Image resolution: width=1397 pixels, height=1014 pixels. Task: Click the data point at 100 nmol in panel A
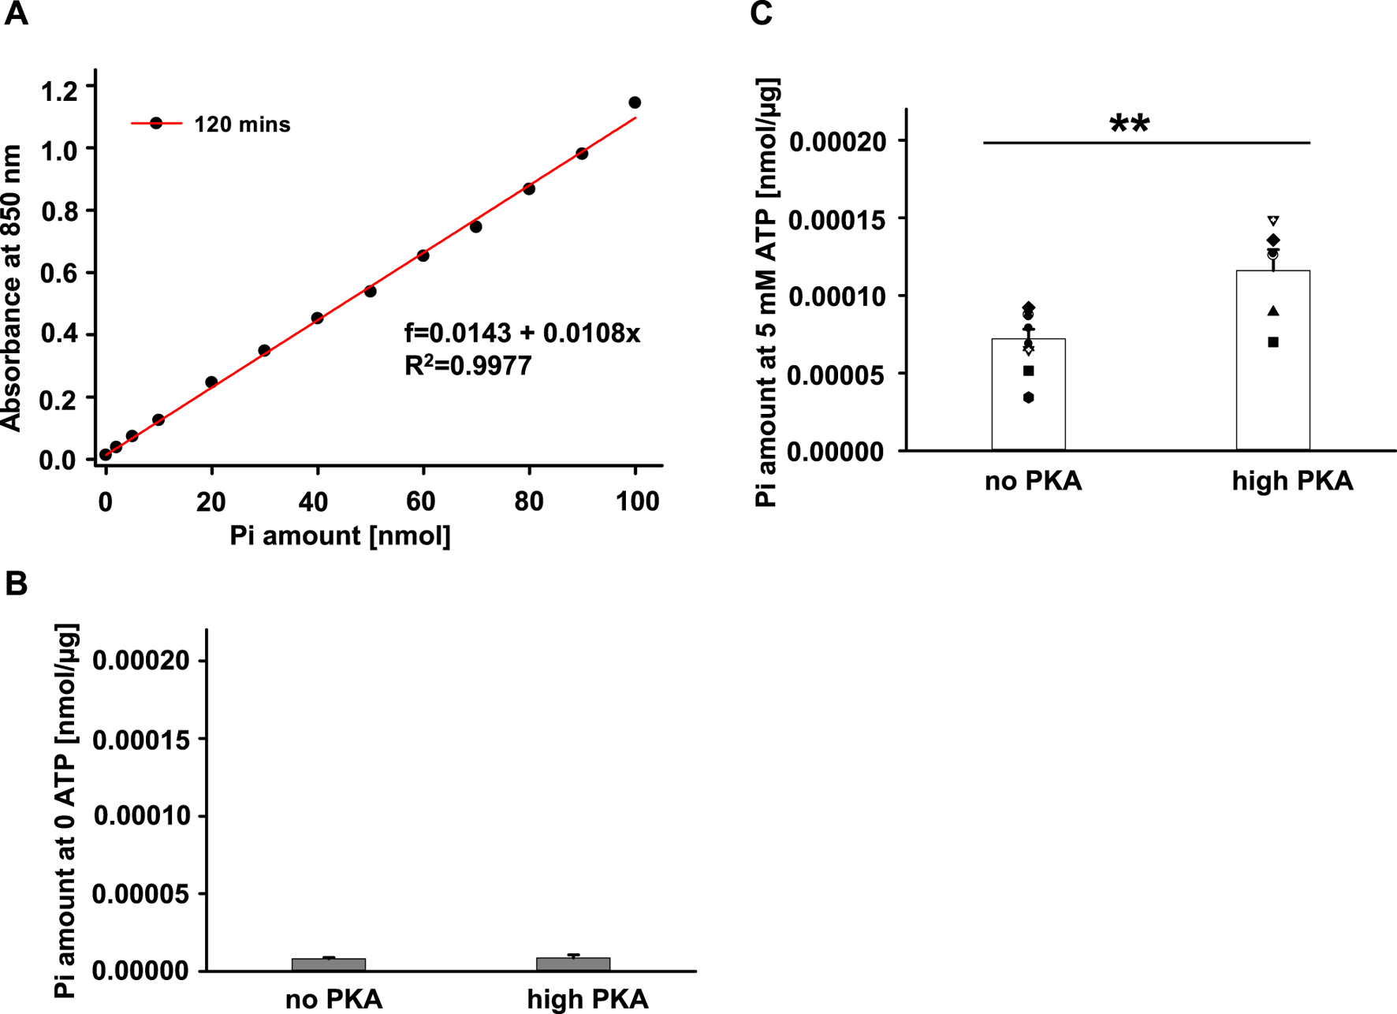[635, 103]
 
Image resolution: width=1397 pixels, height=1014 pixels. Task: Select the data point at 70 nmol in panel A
[476, 227]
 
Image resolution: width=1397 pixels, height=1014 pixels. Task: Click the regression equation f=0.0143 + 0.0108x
[522, 334]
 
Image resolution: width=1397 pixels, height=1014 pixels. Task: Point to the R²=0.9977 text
[468, 366]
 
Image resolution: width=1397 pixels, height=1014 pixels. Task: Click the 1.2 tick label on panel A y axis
[60, 91]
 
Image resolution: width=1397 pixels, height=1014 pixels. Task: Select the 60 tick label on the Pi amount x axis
[422, 501]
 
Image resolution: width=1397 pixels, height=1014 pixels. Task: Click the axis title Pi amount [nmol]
[340, 536]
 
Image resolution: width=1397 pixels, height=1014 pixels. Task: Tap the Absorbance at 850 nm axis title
[13, 288]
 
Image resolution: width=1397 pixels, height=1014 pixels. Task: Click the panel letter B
[16, 583]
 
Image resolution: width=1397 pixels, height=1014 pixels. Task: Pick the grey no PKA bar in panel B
[329, 964]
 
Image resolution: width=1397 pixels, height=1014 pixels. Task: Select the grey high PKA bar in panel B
[573, 964]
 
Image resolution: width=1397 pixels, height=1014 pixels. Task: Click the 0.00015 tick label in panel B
[142, 740]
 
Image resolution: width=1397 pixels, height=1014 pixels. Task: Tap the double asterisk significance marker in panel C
[1129, 125]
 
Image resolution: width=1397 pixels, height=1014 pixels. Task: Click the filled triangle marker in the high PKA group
[1273, 311]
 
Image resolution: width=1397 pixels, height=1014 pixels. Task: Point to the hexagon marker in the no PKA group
[1029, 398]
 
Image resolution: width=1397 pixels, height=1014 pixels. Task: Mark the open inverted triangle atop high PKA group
[1273, 221]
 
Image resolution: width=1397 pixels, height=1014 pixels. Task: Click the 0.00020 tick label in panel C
[837, 142]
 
